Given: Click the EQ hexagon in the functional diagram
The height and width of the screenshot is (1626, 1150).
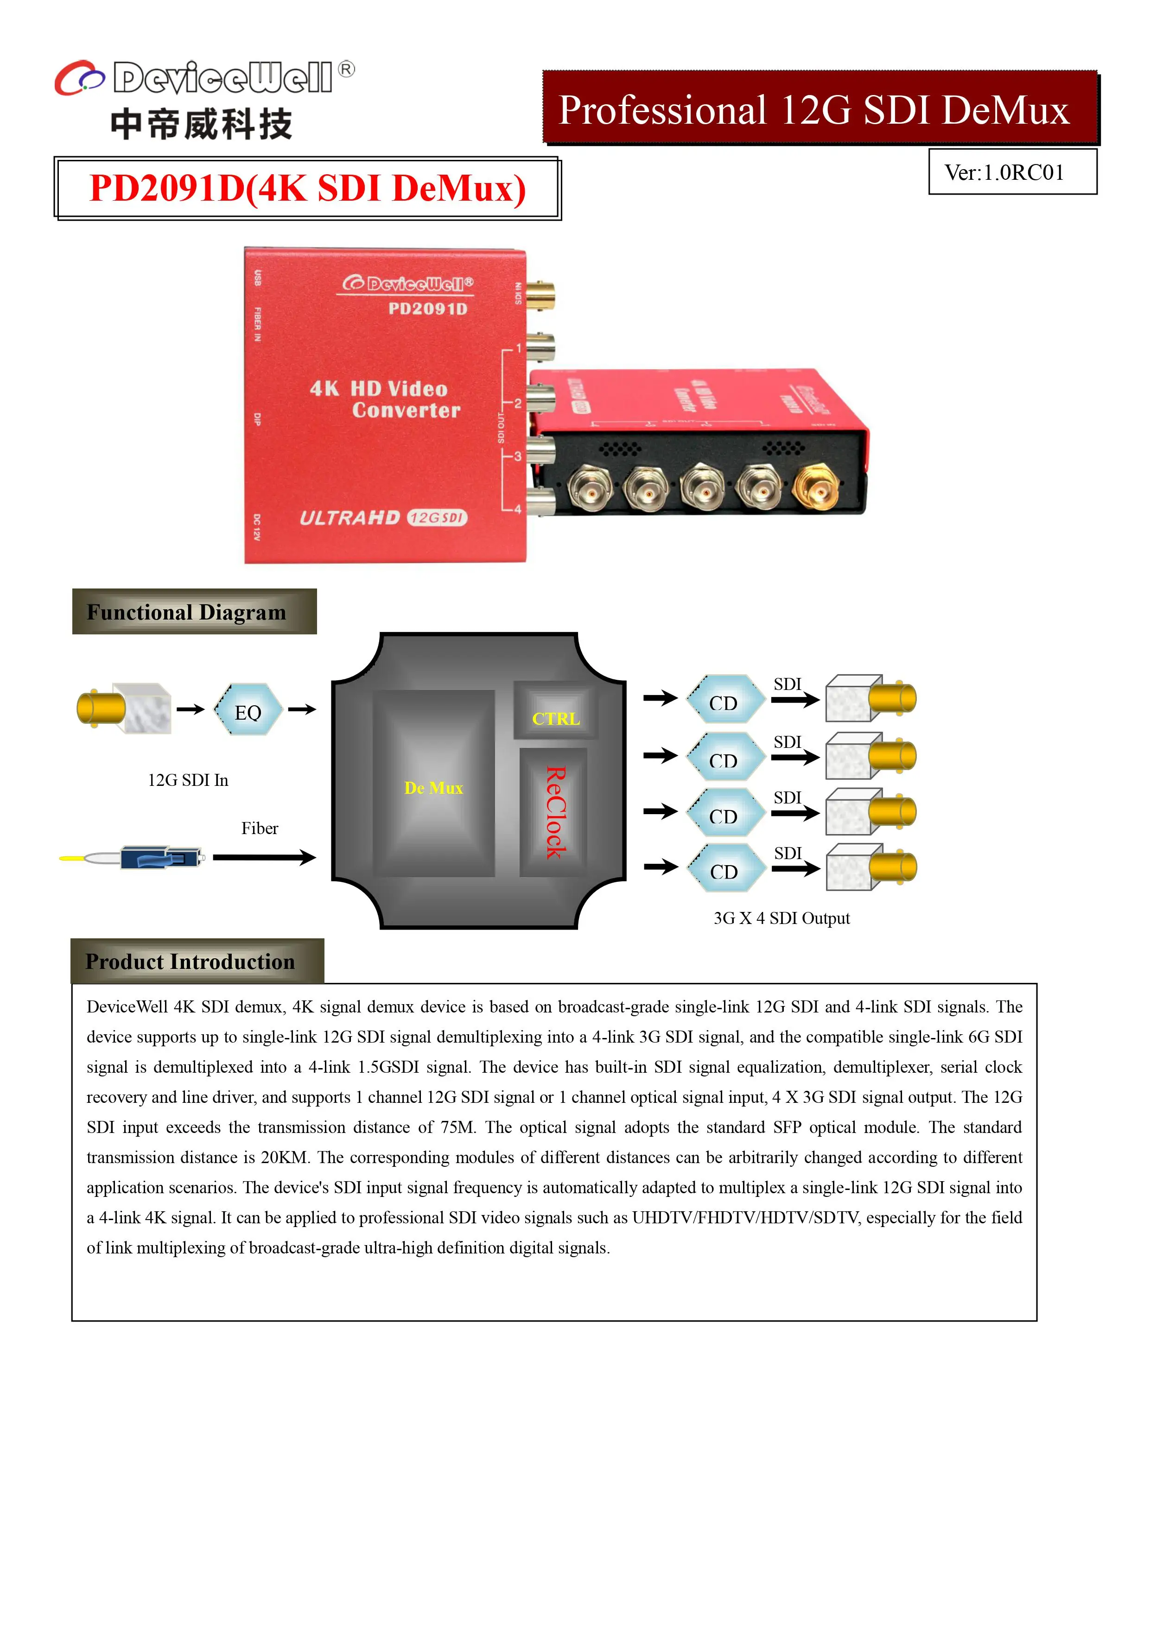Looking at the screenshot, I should tap(248, 710).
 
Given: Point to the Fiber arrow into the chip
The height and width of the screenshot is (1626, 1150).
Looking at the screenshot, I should tap(264, 858).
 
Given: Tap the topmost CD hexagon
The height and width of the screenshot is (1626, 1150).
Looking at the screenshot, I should tap(724, 700).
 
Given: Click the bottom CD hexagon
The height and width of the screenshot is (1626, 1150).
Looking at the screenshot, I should tap(724, 869).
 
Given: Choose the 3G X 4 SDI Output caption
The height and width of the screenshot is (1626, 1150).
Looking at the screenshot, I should tap(781, 918).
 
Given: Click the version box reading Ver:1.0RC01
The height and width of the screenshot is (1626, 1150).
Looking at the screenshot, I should tap(1012, 172).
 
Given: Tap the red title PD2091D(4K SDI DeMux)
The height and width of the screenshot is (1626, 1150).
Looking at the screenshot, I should tap(307, 189).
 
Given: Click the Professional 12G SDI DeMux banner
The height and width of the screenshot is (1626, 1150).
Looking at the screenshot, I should tap(813, 110).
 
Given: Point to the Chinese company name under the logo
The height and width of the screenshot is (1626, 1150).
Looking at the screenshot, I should tap(201, 125).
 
